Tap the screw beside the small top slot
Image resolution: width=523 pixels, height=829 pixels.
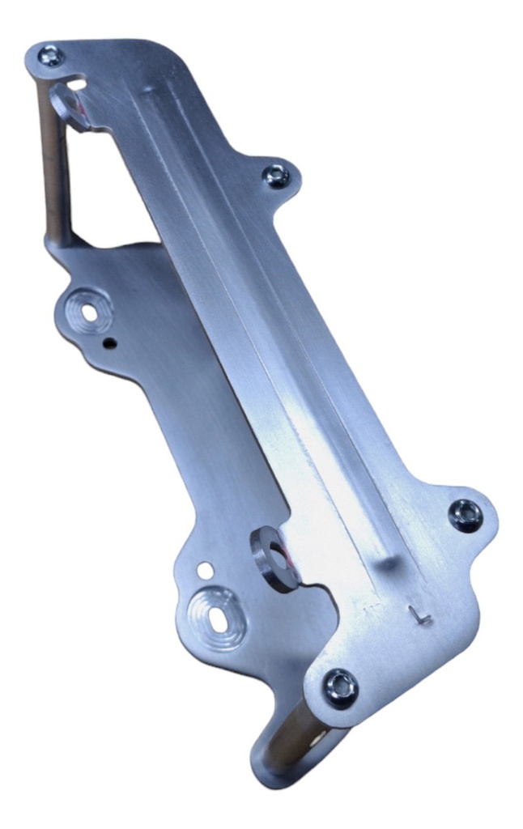tap(51, 56)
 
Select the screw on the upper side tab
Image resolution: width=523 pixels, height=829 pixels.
tap(278, 175)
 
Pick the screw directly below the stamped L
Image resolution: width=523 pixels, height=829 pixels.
tap(340, 687)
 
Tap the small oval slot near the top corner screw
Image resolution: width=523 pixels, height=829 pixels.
tap(77, 83)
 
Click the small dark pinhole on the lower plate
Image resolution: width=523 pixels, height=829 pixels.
tap(109, 343)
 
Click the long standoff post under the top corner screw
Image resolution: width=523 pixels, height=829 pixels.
tap(52, 162)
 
